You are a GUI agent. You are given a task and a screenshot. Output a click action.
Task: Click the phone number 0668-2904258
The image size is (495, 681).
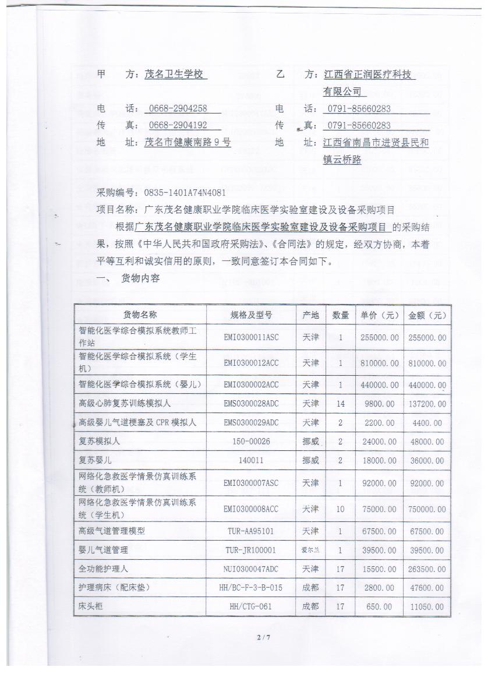pos(178,108)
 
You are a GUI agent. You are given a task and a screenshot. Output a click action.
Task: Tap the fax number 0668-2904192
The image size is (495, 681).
pos(178,125)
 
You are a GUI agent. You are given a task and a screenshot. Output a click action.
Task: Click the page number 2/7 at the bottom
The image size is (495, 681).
pos(264,637)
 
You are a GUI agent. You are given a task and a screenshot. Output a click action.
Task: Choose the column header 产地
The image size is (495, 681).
pos(310,315)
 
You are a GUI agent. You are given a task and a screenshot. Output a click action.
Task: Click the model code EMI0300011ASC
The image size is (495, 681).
pos(251,337)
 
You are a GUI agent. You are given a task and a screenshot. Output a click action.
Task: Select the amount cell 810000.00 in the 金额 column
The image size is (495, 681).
pos(427,363)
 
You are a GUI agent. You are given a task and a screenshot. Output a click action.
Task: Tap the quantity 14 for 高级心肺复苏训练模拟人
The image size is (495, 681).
pos(340,403)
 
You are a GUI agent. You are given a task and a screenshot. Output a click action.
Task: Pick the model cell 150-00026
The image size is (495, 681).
pos(251,442)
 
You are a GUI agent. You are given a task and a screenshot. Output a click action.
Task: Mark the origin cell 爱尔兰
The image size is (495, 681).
pos(310,550)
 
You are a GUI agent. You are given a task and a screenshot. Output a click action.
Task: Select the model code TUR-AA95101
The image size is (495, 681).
pos(251,531)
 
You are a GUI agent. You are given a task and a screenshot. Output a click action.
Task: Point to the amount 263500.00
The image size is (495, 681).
pos(427,569)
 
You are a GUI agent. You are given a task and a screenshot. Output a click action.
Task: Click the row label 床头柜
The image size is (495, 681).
pos(91,606)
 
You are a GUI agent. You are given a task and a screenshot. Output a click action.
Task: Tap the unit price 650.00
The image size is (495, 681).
pos(379,606)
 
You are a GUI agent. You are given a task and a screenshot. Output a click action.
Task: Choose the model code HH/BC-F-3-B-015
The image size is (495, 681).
pos(251,588)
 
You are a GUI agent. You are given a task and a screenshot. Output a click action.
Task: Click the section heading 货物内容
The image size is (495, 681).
pos(140,279)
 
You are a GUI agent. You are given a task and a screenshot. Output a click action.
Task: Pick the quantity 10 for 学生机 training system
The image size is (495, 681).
pos(340,509)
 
